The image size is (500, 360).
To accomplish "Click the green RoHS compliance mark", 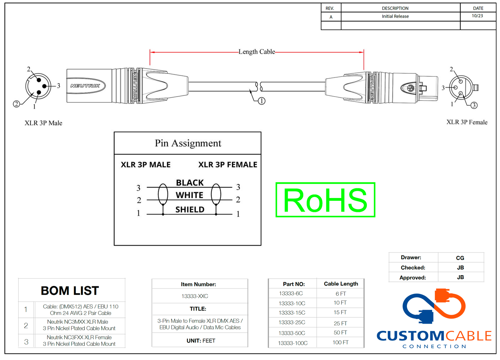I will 325,200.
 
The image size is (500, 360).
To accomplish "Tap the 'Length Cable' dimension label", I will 256,52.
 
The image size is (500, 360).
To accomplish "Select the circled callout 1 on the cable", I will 262,101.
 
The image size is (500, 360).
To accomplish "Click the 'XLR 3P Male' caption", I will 43,123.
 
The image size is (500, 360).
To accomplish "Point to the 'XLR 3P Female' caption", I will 467,122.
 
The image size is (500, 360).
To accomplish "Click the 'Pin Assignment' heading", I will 188,143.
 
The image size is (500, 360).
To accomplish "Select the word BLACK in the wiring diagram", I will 190,183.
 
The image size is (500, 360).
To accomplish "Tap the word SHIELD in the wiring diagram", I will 190,209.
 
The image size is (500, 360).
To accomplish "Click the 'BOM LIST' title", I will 70,291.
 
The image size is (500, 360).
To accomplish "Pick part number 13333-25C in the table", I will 292,323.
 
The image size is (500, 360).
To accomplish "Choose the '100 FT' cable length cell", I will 340,342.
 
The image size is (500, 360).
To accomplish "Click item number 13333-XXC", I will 195,296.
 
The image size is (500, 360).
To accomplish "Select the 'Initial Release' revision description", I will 395,16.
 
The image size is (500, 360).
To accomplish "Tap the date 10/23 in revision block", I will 477,16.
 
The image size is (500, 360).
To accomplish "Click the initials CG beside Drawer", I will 460,258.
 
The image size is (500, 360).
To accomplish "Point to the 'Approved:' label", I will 412,278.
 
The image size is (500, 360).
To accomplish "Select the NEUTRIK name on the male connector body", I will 85,85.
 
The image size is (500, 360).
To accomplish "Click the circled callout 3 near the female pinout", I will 474,105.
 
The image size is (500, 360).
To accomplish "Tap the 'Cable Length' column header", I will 341,284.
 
